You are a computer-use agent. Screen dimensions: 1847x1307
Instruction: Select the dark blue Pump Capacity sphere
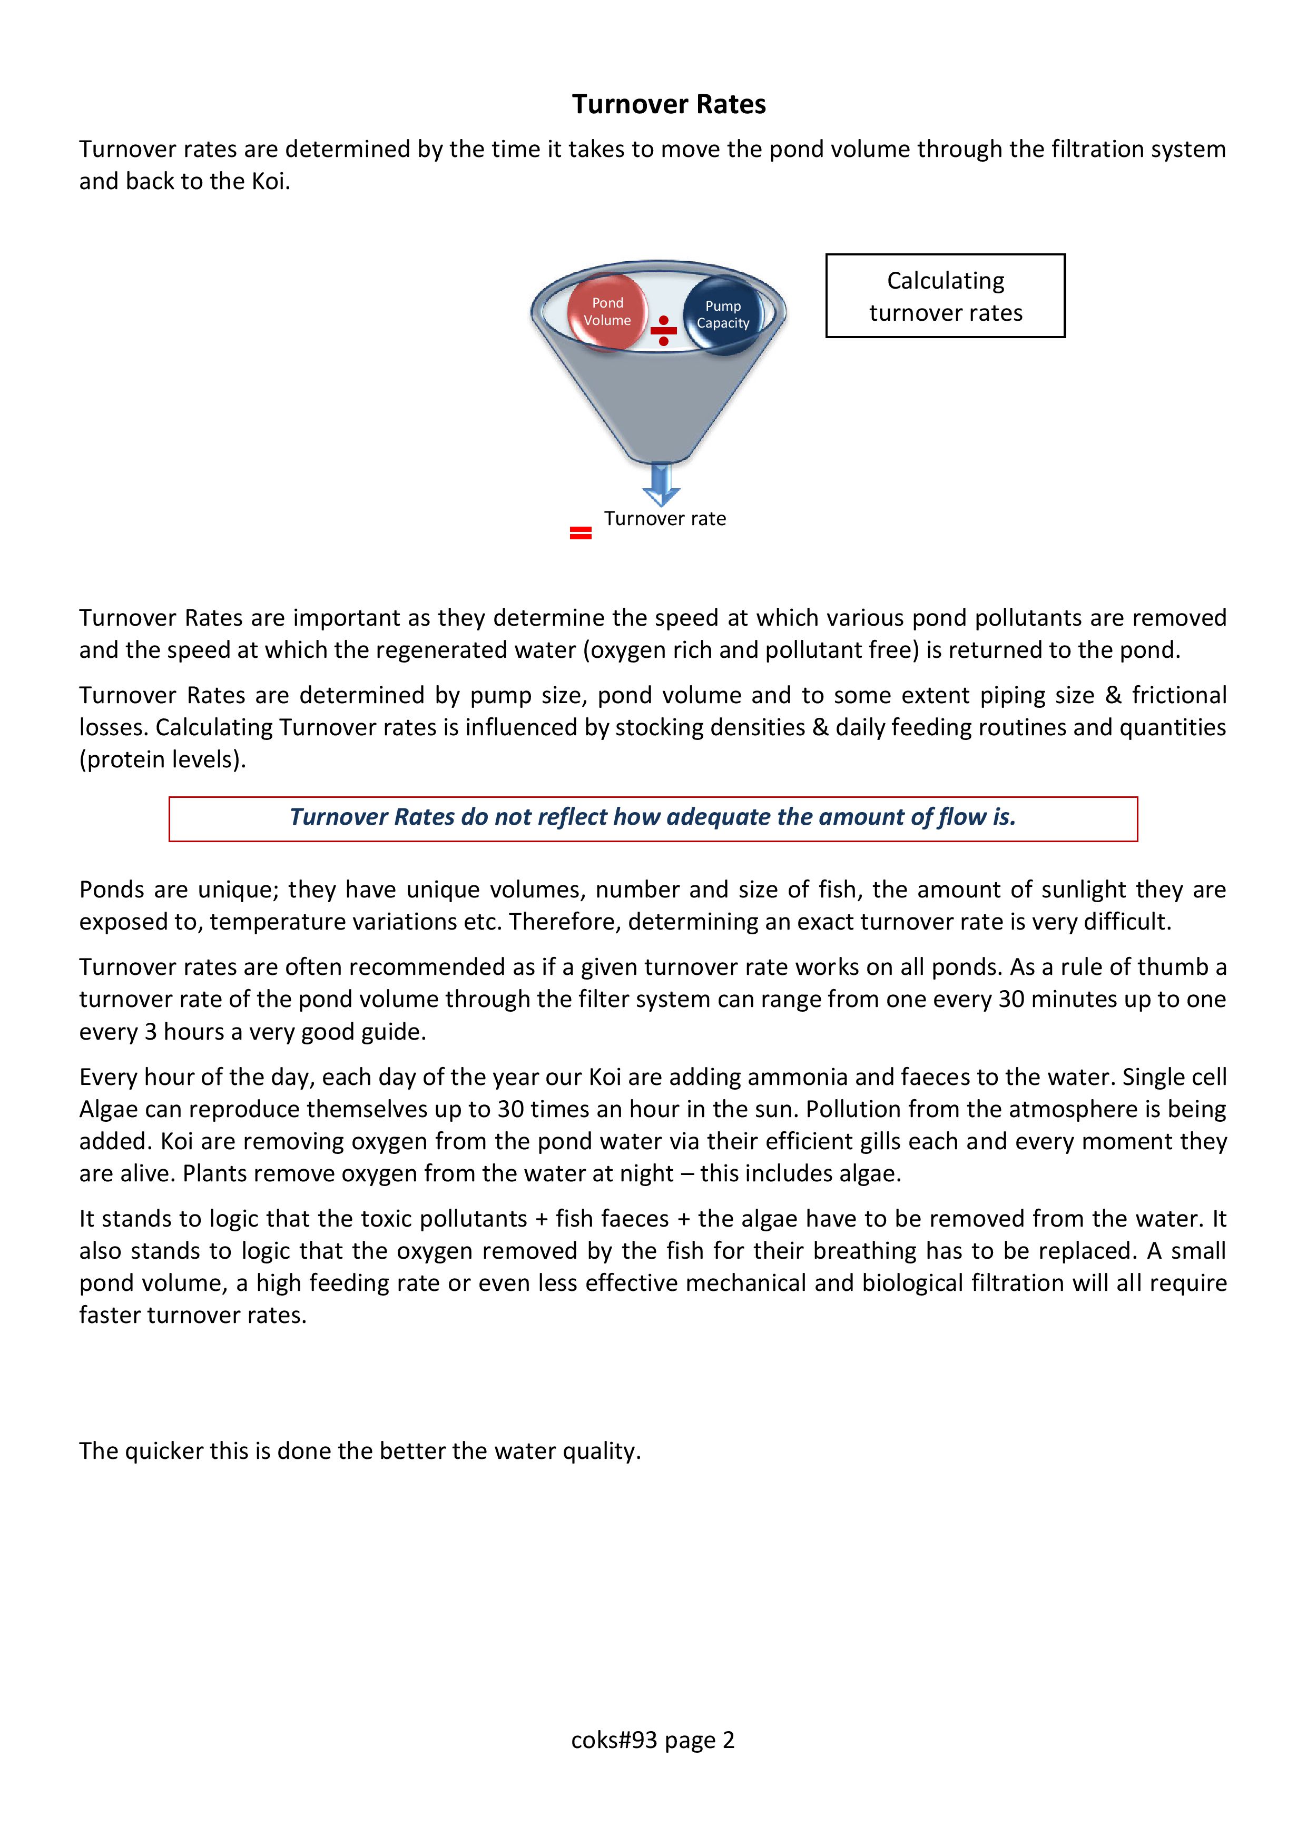pos(723,314)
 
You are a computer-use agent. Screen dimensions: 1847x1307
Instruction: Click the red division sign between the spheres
pos(663,331)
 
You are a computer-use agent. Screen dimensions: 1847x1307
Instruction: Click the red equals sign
pos(580,532)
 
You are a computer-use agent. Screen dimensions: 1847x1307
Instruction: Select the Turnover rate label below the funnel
pos(665,519)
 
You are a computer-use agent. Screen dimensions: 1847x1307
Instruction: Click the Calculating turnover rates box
pos(945,296)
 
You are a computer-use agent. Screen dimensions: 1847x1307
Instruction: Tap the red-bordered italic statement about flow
pos(653,818)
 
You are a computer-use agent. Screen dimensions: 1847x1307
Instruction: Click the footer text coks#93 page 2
pos(653,1740)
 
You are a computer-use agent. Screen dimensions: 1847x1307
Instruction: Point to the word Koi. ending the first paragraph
pos(270,182)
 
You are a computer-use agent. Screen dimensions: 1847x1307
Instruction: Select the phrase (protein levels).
pos(163,759)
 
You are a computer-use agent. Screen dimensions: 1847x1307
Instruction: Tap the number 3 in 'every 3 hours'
pos(151,1032)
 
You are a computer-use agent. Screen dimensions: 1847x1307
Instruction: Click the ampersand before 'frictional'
pos(1113,695)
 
